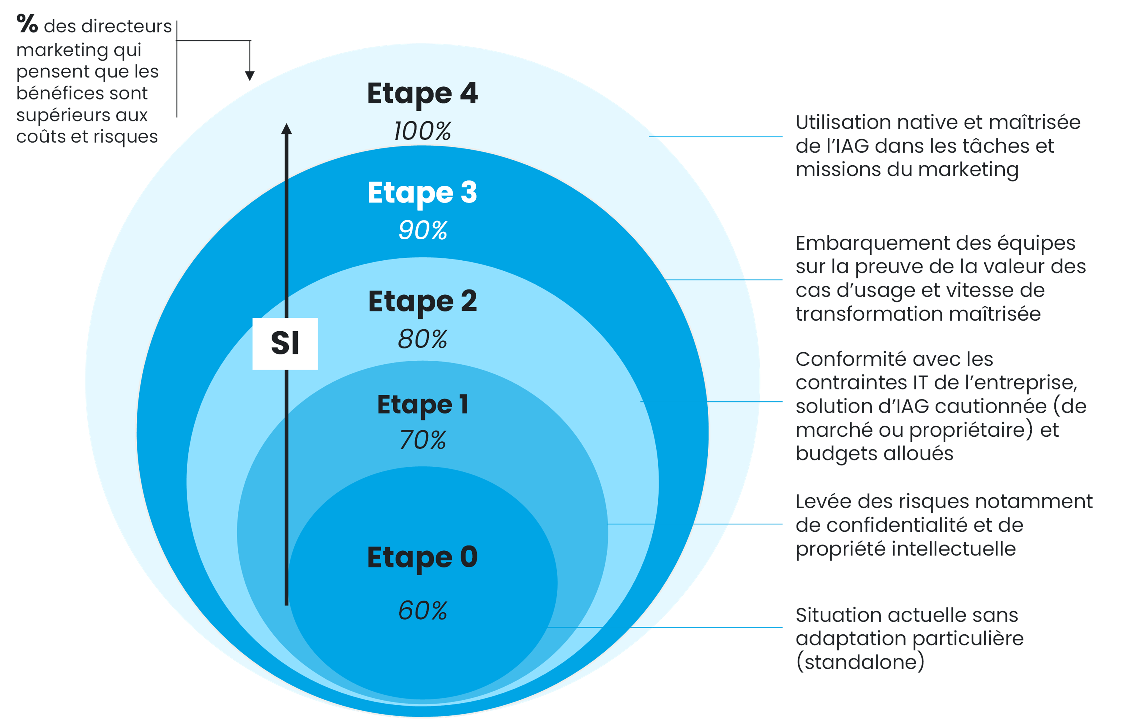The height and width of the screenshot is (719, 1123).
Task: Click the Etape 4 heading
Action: (x=422, y=94)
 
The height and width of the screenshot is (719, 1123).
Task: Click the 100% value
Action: (x=422, y=131)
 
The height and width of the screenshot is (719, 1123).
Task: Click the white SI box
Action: (x=285, y=344)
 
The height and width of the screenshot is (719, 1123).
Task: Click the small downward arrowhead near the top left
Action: (x=250, y=76)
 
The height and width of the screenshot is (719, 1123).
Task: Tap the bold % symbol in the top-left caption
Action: (x=27, y=23)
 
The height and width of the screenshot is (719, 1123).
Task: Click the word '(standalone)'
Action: (x=859, y=663)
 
